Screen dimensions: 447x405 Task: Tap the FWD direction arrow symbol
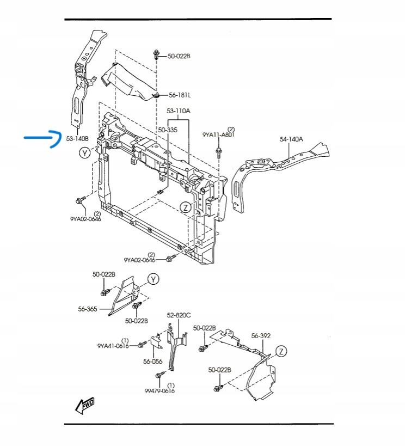click(86, 405)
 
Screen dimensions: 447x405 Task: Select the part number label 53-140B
click(77, 139)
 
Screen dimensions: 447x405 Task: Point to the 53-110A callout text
click(179, 111)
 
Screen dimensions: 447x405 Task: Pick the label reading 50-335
click(168, 130)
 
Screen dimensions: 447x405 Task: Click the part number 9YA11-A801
click(218, 134)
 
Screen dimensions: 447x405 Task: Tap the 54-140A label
click(291, 139)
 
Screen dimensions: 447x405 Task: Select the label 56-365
click(87, 309)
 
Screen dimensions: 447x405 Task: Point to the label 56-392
click(261, 336)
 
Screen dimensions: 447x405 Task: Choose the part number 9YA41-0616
click(113, 346)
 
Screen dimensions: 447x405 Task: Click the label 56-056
click(153, 361)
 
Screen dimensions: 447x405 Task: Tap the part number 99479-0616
click(160, 390)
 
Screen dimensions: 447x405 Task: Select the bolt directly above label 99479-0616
click(158, 375)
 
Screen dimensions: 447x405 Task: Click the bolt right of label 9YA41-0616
click(140, 345)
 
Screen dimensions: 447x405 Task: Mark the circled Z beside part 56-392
click(281, 351)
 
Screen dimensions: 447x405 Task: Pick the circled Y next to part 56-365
click(154, 279)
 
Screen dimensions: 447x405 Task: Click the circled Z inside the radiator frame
click(186, 207)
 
